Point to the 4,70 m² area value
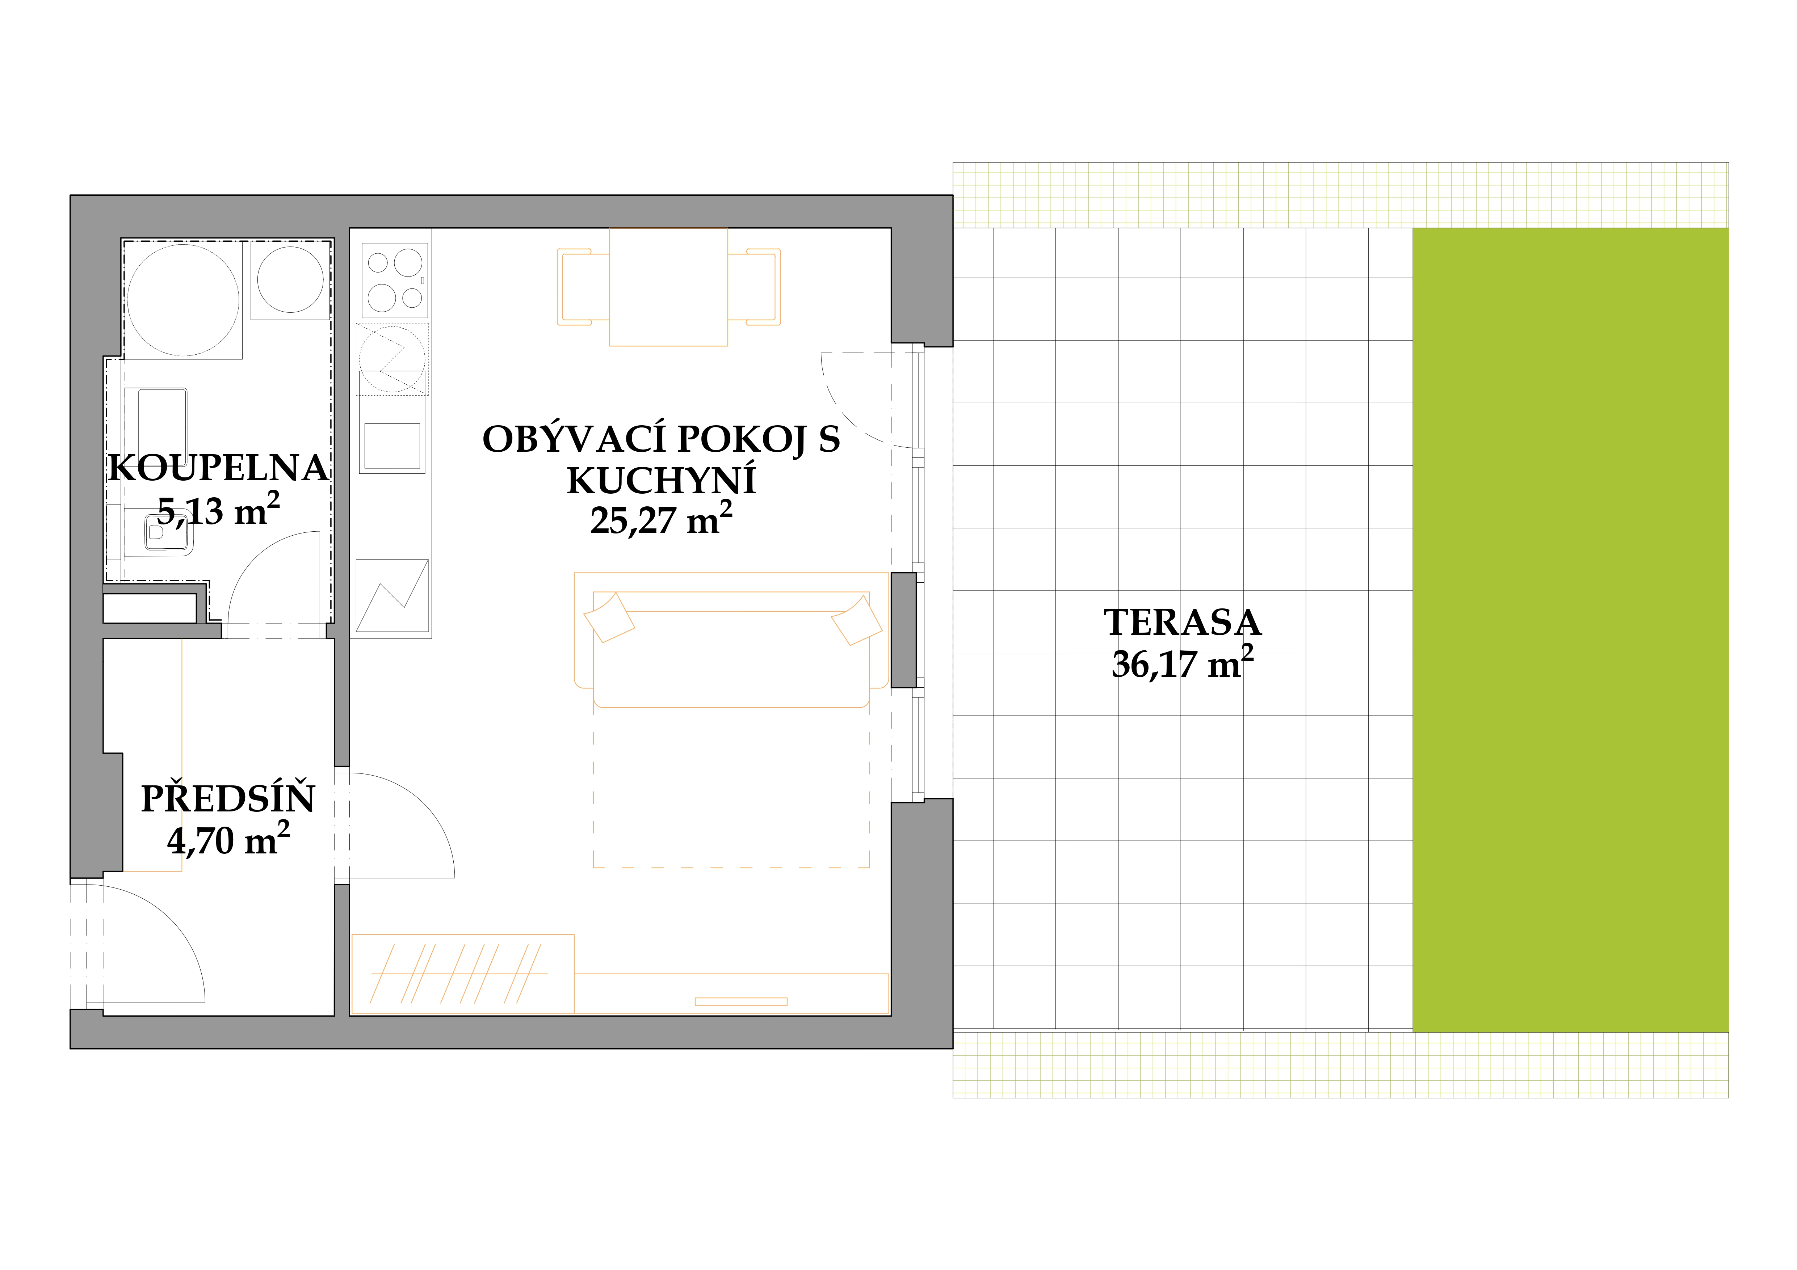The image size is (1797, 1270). [228, 840]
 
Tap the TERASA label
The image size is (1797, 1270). [1183, 623]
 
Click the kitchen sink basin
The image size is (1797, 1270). [392, 446]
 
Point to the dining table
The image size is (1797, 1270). [668, 286]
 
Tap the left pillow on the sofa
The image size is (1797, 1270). [609, 617]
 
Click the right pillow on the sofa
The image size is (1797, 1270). [856, 620]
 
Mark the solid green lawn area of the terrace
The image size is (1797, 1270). [1570, 630]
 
